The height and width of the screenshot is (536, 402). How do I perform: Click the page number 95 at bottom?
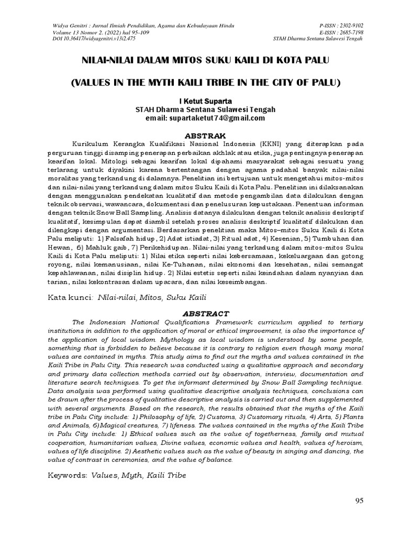(359, 500)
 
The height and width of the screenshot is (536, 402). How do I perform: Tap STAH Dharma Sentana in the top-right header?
(324, 38)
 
